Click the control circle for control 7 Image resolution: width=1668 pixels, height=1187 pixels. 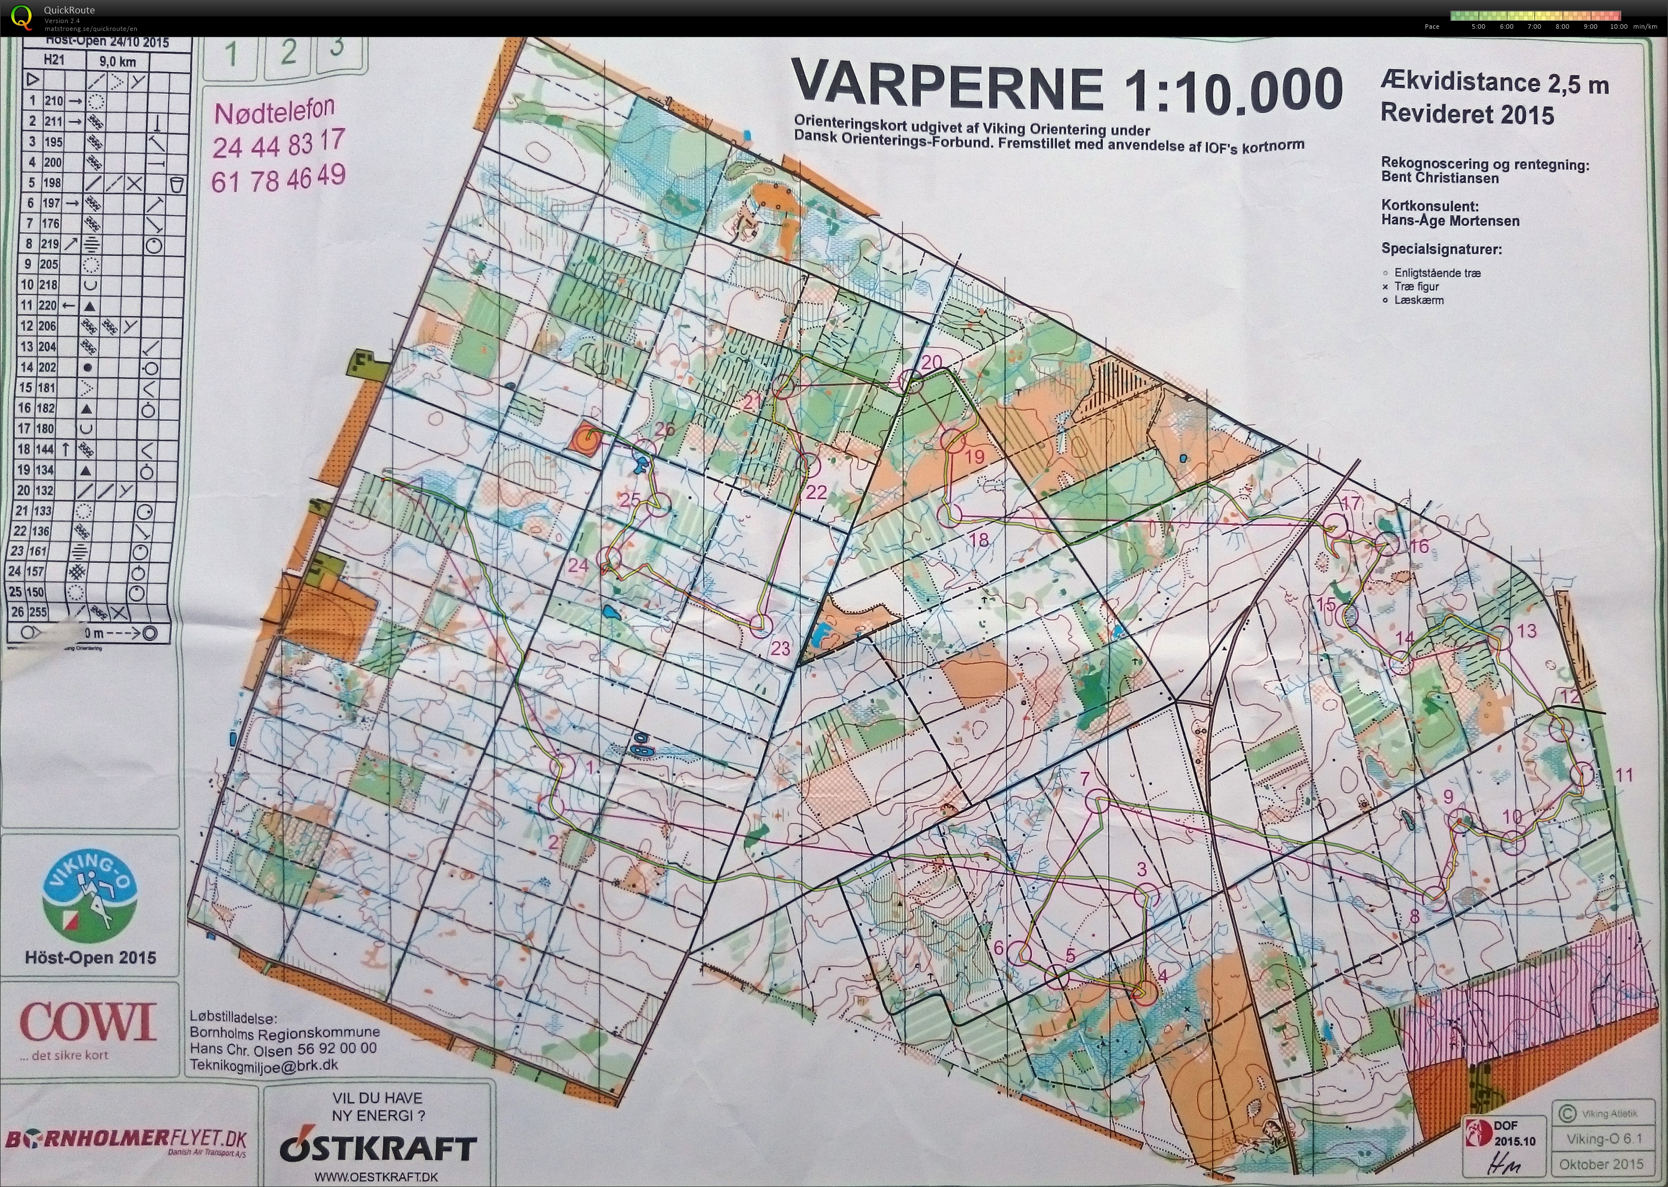point(1097,802)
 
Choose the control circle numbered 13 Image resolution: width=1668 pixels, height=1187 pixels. point(1501,637)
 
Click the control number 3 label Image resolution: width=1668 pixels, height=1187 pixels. point(1142,869)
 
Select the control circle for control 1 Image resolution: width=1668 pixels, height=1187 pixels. point(566,765)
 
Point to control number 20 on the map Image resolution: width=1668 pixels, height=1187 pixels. point(931,361)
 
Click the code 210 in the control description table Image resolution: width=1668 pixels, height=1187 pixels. point(54,101)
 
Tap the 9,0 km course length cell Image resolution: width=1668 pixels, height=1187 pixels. point(117,61)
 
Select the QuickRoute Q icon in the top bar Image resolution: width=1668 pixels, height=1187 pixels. point(22,16)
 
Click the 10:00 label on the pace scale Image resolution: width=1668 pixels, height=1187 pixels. point(1618,26)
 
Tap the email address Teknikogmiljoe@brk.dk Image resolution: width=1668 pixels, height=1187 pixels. point(264,1065)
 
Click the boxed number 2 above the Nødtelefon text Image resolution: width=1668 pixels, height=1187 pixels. point(287,52)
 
